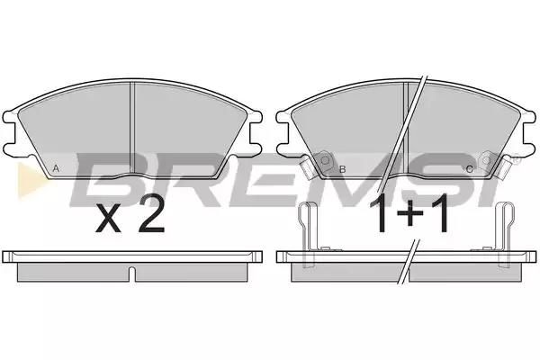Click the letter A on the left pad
click(56, 169)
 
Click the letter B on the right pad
click(342, 169)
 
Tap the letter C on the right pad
click(470, 169)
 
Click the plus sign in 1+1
click(409, 214)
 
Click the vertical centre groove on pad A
click(131, 130)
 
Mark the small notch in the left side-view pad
click(132, 274)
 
